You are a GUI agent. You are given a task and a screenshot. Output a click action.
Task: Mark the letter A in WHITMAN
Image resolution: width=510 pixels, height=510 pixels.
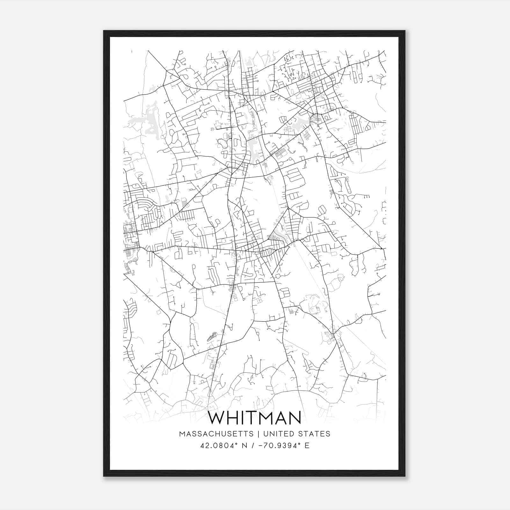(x=284, y=418)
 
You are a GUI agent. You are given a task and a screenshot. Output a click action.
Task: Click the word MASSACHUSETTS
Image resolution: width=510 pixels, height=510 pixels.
(x=216, y=434)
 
